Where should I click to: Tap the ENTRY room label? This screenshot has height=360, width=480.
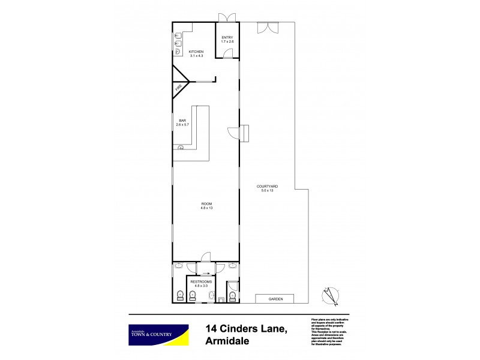pyautogui.click(x=227, y=40)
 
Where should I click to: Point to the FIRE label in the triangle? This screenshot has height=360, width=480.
pyautogui.click(x=179, y=89)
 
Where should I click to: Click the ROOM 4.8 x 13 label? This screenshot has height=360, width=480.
pyautogui.click(x=206, y=206)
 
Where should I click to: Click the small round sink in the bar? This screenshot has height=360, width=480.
pyautogui.click(x=180, y=148)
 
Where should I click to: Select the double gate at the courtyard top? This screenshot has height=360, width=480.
pyautogui.click(x=267, y=28)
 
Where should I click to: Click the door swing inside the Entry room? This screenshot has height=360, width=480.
pyautogui.click(x=227, y=53)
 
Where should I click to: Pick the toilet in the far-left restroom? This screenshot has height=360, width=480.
pyautogui.click(x=179, y=295)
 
